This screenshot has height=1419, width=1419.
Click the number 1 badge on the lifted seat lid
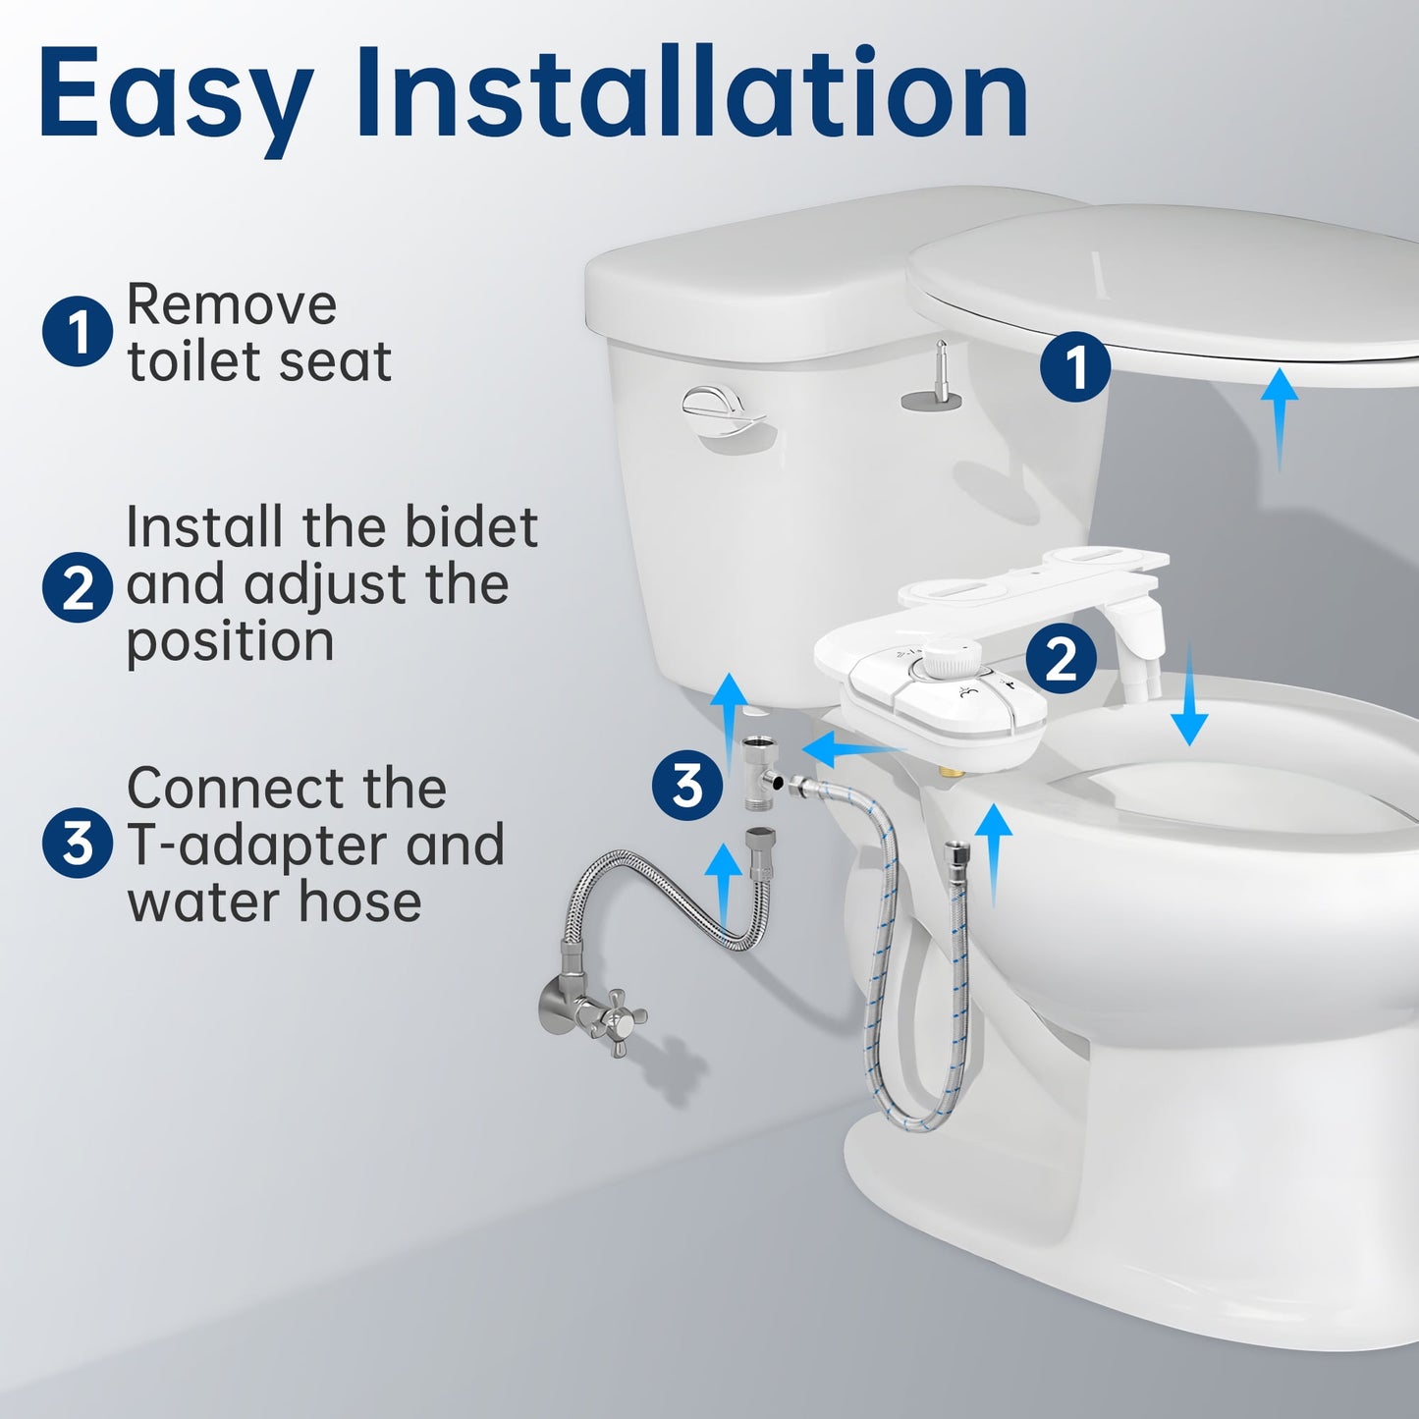(1075, 367)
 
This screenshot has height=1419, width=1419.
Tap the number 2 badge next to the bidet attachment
(1062, 658)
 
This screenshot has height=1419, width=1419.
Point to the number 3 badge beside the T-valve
(687, 785)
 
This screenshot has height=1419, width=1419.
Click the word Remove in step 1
(232, 304)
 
